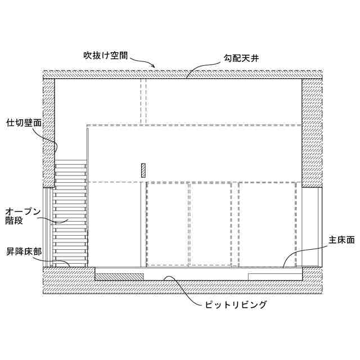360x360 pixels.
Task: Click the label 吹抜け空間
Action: pos(106,56)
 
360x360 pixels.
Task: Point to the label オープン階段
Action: pos(22,216)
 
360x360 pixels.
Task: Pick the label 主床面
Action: pos(342,241)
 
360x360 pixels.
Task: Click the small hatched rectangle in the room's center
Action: pos(143,170)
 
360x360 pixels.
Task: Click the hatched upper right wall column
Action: pos(312,132)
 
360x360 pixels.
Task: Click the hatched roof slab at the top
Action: pos(183,74)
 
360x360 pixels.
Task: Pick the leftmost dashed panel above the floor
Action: pos(167,224)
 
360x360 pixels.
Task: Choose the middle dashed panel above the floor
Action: pos(210,224)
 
